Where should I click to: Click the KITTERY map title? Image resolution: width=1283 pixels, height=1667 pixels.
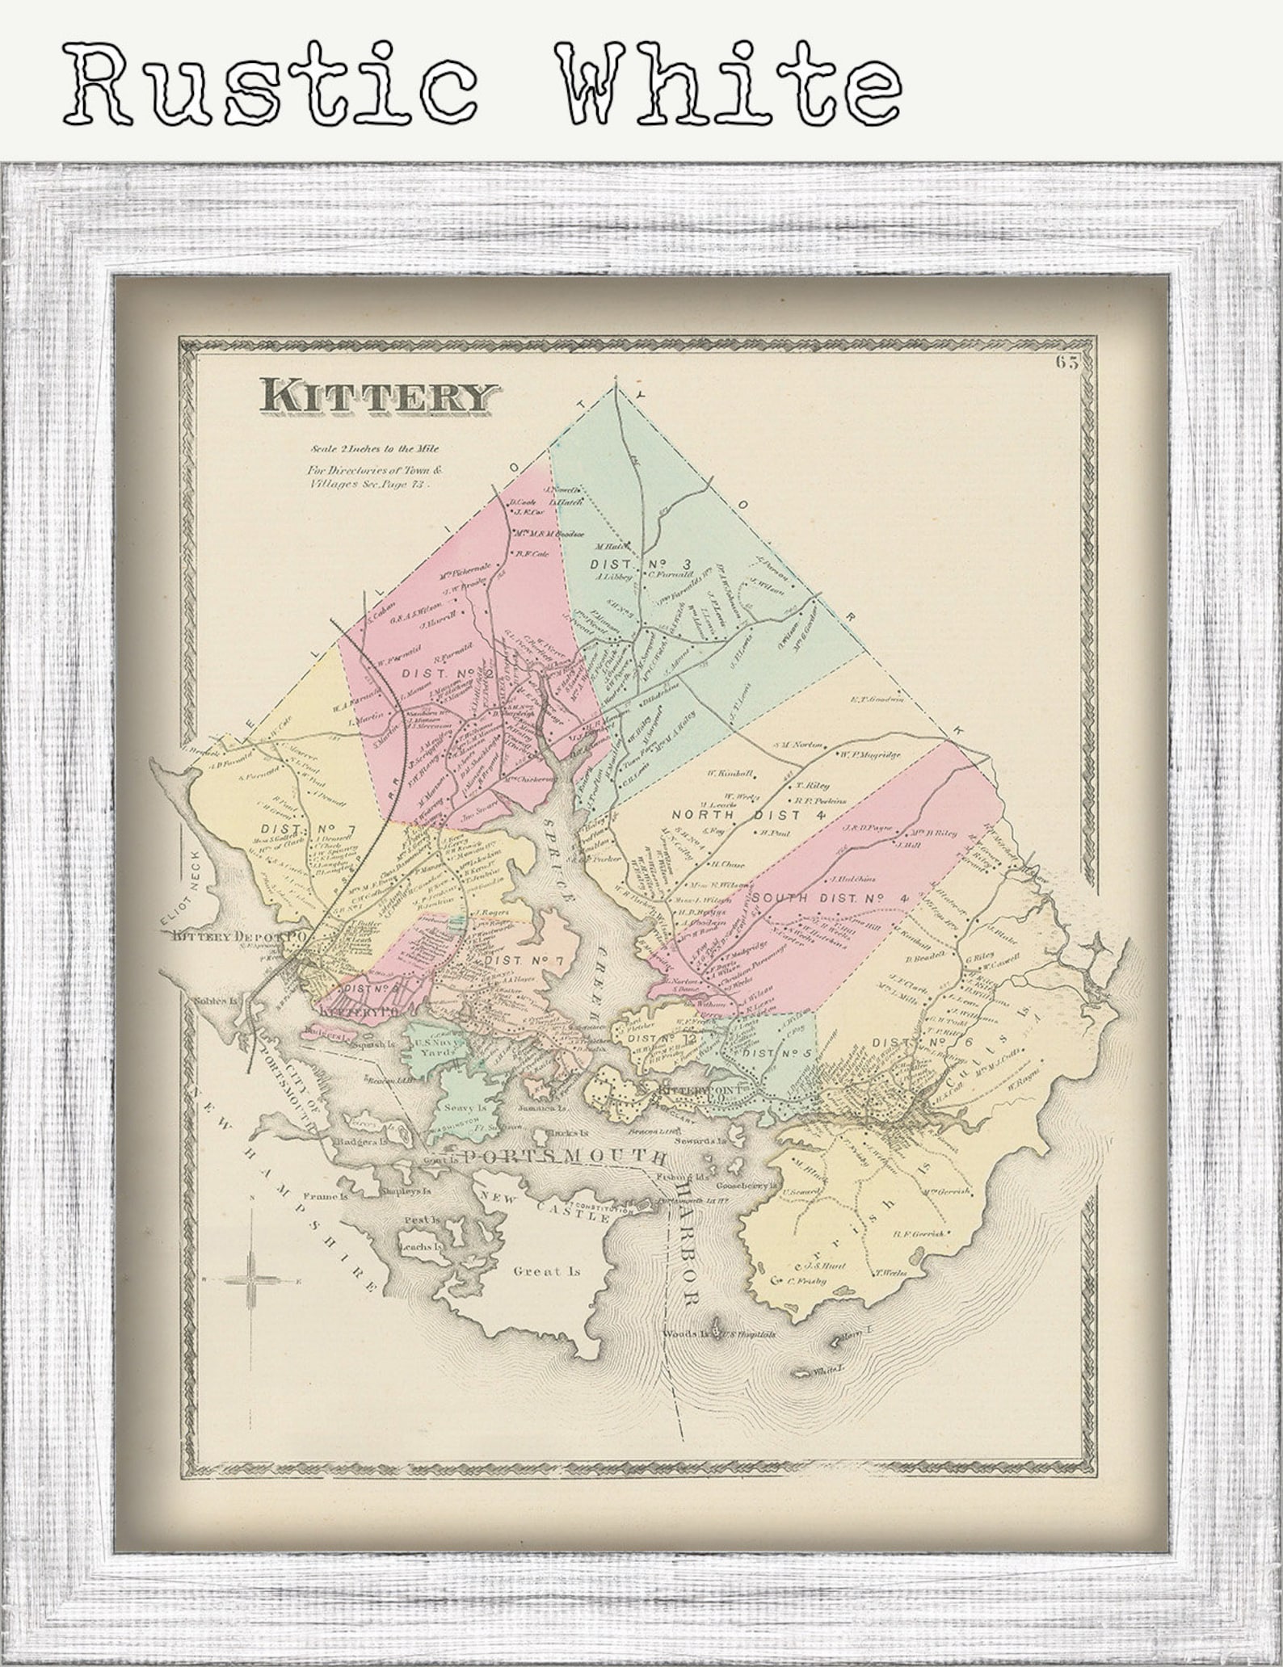click(376, 396)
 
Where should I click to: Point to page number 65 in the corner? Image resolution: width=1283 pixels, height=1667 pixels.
click(1066, 363)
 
